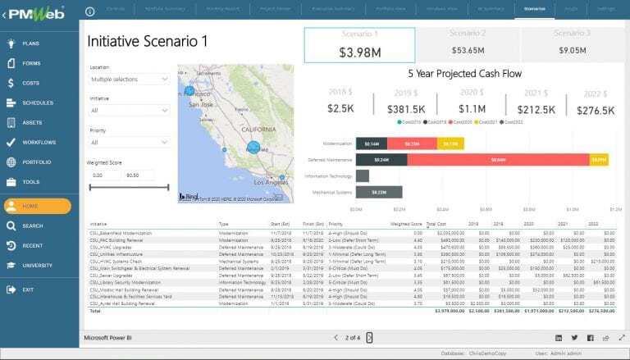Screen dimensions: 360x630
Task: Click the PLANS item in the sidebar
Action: (x=31, y=43)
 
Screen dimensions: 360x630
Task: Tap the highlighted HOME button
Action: (x=37, y=206)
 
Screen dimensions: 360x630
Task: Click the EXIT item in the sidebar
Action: (x=29, y=289)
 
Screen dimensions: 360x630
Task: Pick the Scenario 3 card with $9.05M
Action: (x=572, y=43)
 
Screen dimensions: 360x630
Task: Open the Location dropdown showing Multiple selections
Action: (x=129, y=79)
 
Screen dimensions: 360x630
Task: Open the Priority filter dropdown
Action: (x=129, y=143)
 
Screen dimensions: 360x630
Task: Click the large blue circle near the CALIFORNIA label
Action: (x=253, y=148)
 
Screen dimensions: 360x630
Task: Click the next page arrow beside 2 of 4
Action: (x=369, y=337)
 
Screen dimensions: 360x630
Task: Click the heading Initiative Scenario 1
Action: (x=148, y=41)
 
